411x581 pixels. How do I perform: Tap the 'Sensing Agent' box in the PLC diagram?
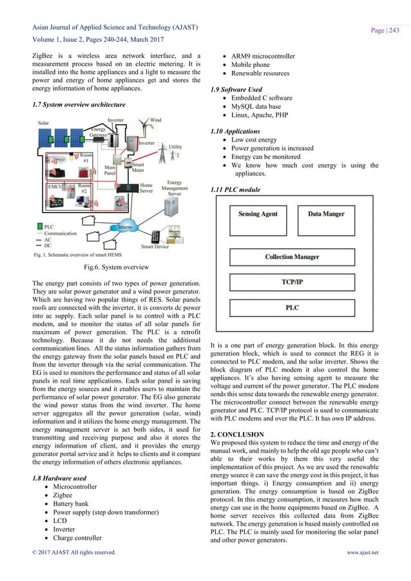[x=258, y=214]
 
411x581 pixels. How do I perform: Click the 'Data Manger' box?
[x=326, y=214]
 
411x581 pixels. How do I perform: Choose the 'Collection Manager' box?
[x=292, y=257]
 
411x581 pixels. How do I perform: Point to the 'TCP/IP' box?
[x=292, y=282]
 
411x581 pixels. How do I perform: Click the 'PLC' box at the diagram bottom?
[x=292, y=309]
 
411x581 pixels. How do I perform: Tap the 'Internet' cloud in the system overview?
[x=126, y=227]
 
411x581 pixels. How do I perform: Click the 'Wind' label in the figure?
[x=156, y=120]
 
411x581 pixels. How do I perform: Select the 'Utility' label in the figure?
[x=175, y=148]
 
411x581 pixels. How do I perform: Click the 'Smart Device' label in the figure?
[x=155, y=247]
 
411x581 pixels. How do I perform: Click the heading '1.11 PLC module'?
[x=237, y=190]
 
